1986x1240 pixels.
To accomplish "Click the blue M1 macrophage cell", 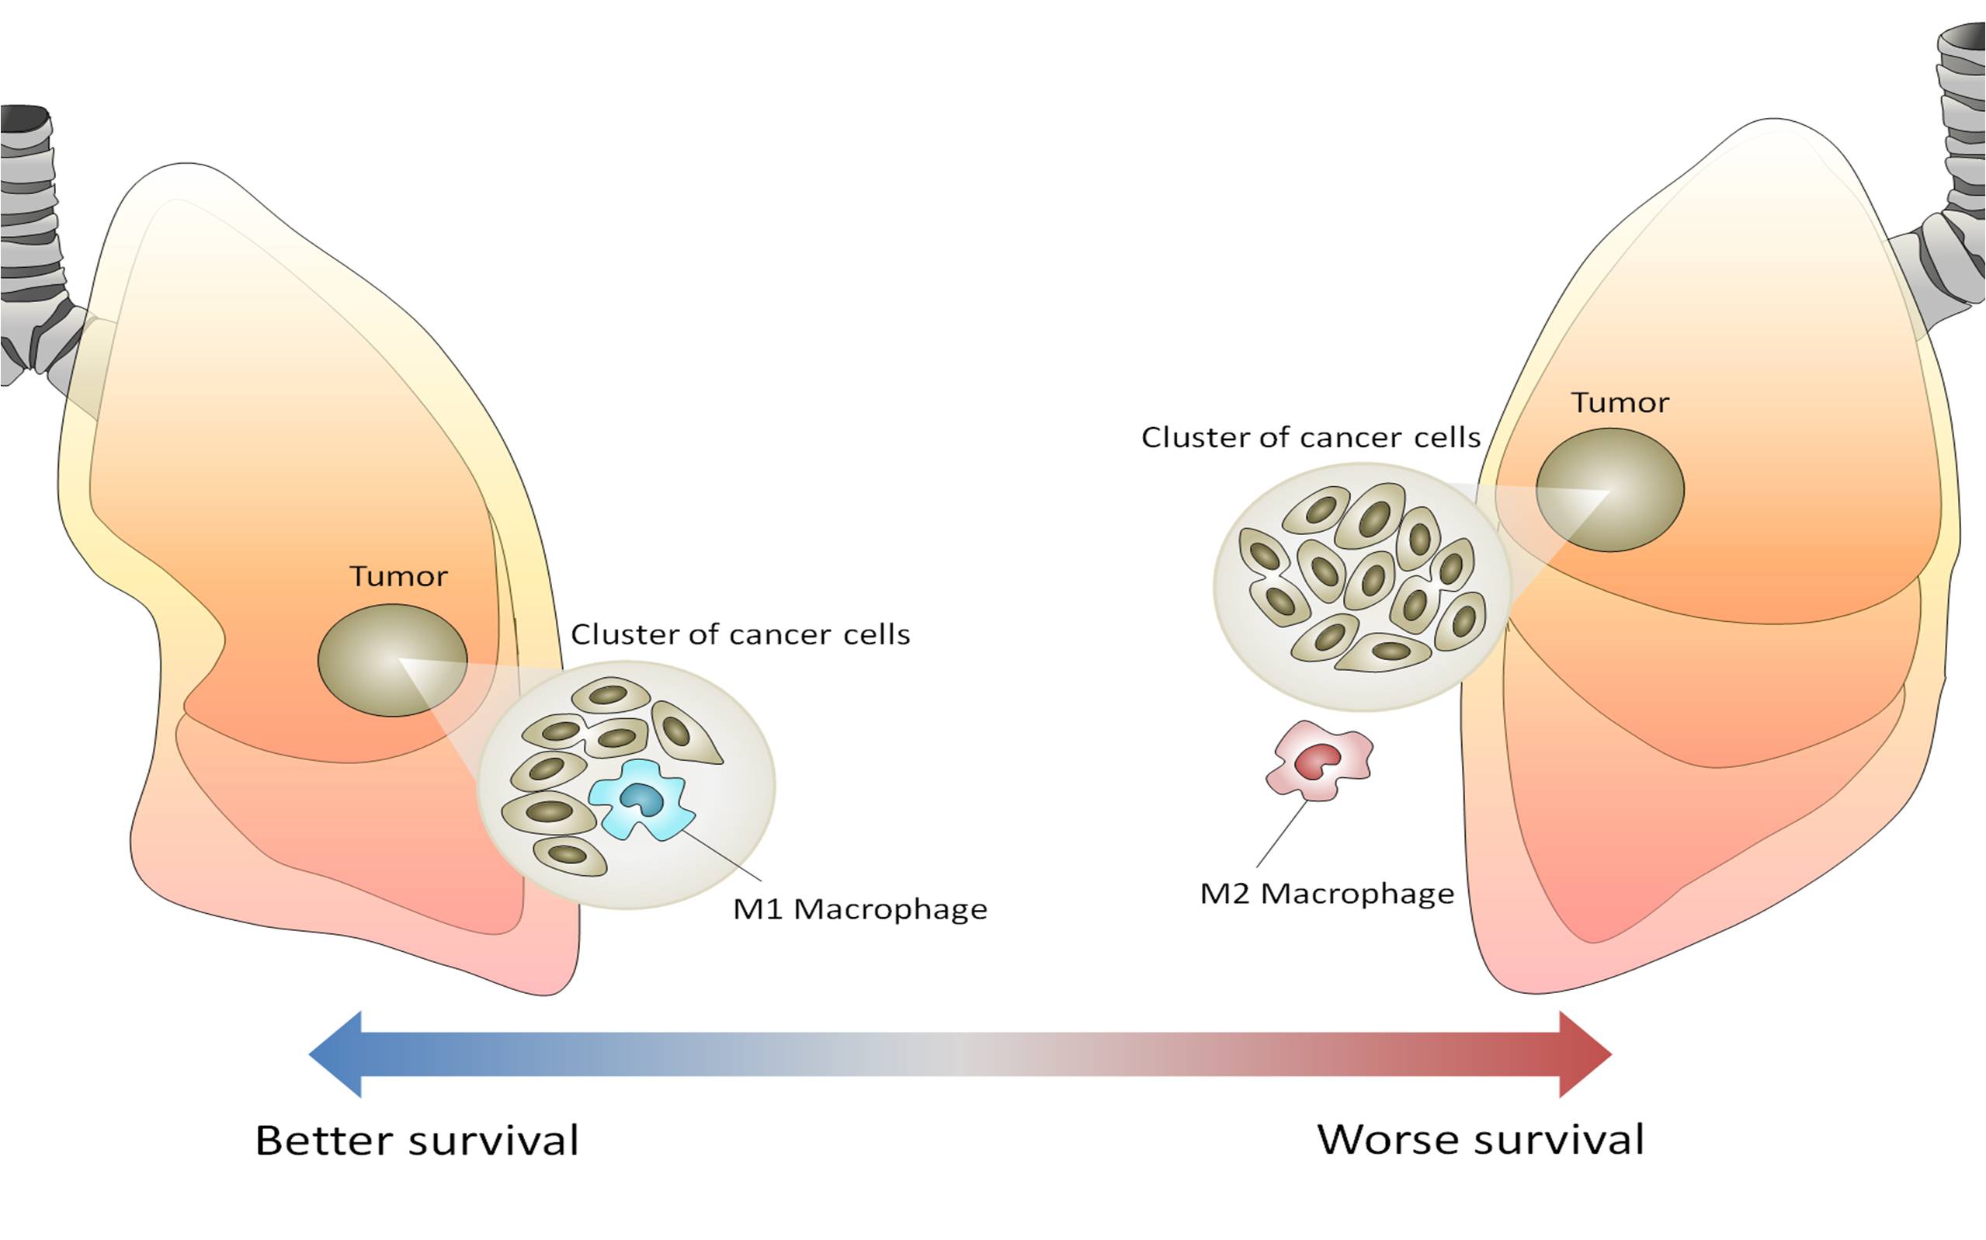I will pyautogui.click(x=641, y=800).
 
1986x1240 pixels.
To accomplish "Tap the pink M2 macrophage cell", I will pyautogui.click(x=1318, y=761).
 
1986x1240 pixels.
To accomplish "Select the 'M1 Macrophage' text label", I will pyautogui.click(x=859, y=909).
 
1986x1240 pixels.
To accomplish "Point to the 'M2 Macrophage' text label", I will pyautogui.click(x=1326, y=893).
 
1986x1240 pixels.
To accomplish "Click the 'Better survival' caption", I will pyautogui.click(x=417, y=1140).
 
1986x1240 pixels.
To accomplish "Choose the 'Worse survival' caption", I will pyautogui.click(x=1480, y=1139).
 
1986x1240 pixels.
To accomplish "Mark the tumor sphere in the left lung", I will pyautogui.click(x=393, y=660).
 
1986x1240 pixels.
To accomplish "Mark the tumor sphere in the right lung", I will pyautogui.click(x=1609, y=490).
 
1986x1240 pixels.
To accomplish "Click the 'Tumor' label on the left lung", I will pyautogui.click(x=398, y=577).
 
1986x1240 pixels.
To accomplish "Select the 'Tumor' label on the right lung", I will pyautogui.click(x=1620, y=403).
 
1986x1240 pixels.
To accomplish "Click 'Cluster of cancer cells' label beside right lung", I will pyautogui.click(x=1311, y=438).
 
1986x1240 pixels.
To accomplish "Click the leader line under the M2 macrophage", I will pyautogui.click(x=1281, y=834).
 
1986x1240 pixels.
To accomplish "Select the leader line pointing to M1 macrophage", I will pyautogui.click(x=721, y=856).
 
